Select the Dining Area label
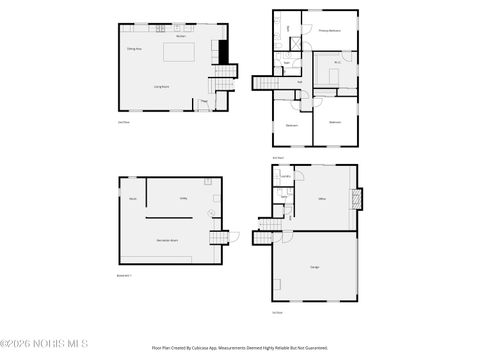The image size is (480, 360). pos(132,48)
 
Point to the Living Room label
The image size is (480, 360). pos(159,87)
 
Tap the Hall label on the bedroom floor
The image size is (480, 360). pos(299,81)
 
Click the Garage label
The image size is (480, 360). pos(315,266)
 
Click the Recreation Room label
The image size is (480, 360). pos(166,240)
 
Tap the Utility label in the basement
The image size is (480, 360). pos(184,198)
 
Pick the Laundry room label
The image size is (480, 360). pos(285,176)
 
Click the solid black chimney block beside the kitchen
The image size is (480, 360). pos(224,50)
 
